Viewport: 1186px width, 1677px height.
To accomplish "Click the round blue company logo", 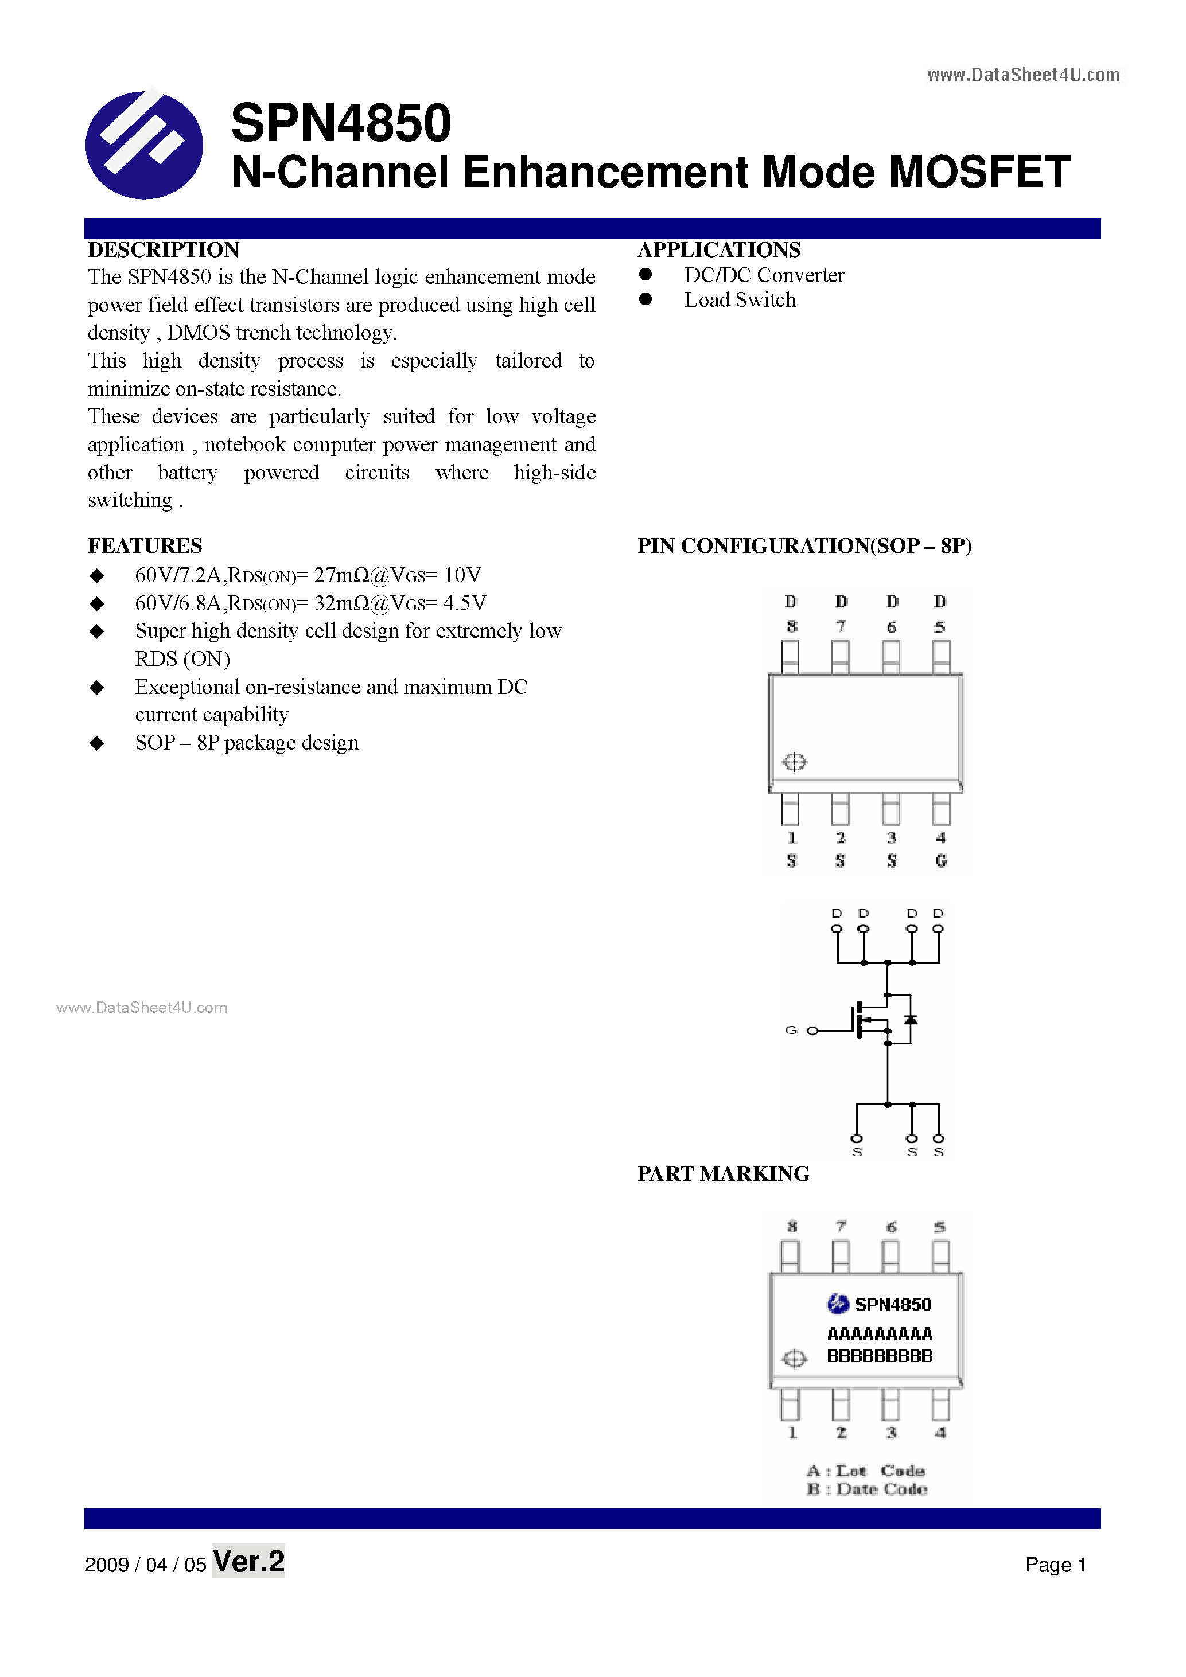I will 144,145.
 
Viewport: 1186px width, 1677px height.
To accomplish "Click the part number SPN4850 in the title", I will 340,123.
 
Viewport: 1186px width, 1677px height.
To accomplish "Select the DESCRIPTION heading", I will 163,250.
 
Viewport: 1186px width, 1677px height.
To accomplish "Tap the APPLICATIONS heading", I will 718,250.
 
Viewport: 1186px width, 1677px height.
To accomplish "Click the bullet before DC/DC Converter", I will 646,275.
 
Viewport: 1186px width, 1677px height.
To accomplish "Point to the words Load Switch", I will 740,300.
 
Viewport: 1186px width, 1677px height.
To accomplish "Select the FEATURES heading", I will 145,545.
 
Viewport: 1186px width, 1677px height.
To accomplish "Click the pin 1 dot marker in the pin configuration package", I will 794,762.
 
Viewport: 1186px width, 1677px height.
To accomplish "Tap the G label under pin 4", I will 940,861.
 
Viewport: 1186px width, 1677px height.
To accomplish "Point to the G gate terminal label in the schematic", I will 791,1030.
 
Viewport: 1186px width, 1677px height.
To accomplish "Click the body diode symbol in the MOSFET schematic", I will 911,1019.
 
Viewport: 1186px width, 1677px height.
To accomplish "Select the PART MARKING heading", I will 723,1174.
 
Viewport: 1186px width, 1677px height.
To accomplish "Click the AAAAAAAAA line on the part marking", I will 879,1335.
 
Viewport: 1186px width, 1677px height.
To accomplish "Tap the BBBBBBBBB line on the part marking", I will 879,1356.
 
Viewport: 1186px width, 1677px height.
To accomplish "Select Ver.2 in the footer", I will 248,1562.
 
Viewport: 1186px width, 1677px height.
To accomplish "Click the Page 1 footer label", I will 1055,1565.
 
